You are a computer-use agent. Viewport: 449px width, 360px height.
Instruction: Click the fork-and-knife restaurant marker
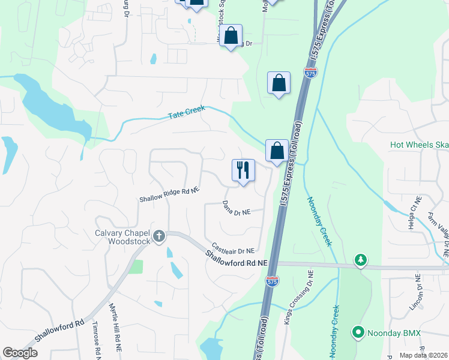(244, 171)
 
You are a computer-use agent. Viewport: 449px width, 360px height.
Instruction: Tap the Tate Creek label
(187, 112)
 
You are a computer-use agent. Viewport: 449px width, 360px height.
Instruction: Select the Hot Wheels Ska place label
(419, 145)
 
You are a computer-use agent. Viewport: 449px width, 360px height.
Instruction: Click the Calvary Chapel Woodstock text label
(125, 237)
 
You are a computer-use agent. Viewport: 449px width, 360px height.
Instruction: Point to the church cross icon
(159, 236)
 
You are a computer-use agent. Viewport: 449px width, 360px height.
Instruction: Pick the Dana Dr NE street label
(236, 210)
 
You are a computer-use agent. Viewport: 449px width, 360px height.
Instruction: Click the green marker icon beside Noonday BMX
(359, 332)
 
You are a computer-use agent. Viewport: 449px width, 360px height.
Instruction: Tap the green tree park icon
(360, 260)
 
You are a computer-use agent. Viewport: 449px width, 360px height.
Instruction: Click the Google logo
(20, 353)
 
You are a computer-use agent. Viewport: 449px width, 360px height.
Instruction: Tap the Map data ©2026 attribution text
(424, 355)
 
